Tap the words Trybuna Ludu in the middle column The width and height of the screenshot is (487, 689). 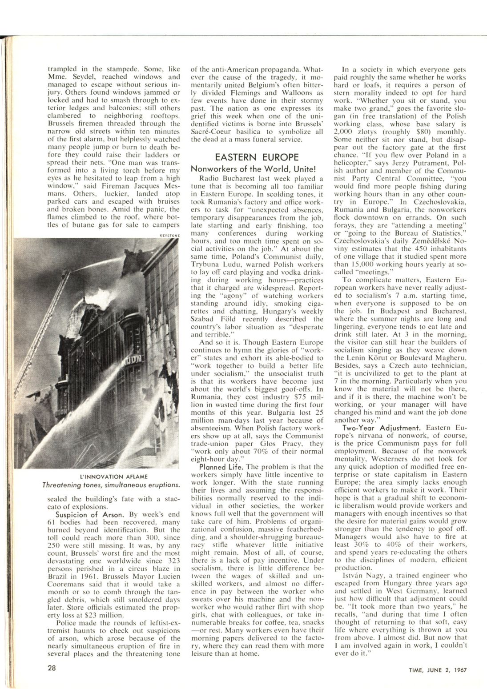coord(212,265)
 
